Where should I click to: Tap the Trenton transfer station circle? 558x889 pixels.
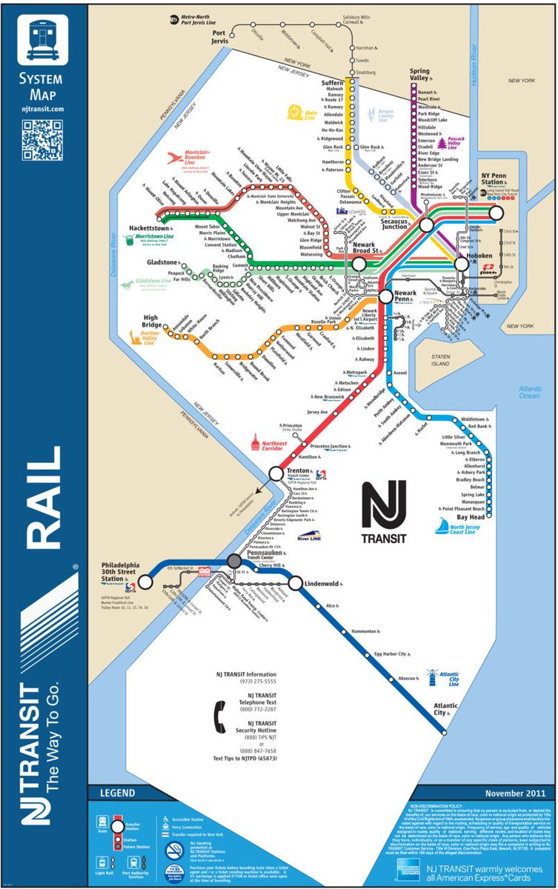click(276, 473)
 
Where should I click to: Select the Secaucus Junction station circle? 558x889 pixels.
click(427, 224)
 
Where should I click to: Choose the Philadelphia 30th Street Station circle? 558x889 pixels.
click(146, 582)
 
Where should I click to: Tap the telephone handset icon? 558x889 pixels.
click(221, 716)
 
